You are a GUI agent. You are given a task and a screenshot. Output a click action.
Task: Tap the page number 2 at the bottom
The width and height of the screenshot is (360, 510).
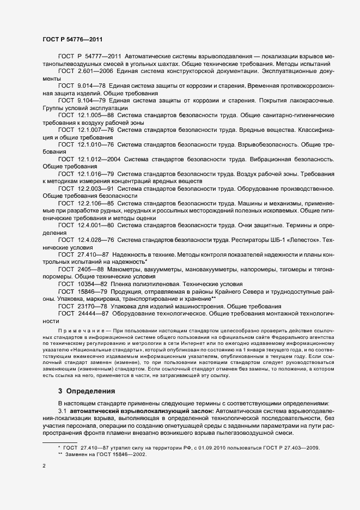(44, 467)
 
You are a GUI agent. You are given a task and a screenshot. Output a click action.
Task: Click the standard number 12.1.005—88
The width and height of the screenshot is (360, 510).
(95, 116)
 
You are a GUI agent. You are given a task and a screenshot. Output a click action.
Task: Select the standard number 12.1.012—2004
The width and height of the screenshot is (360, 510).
(99, 159)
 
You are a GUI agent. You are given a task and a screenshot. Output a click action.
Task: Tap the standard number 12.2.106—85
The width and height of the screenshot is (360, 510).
(95, 203)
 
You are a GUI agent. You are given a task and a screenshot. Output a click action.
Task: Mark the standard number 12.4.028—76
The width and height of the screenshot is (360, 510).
(95, 239)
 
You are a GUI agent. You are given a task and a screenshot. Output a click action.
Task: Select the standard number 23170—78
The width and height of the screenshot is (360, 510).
(93, 306)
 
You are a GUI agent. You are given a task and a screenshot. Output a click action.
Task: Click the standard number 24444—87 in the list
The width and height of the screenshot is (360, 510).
(93, 314)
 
